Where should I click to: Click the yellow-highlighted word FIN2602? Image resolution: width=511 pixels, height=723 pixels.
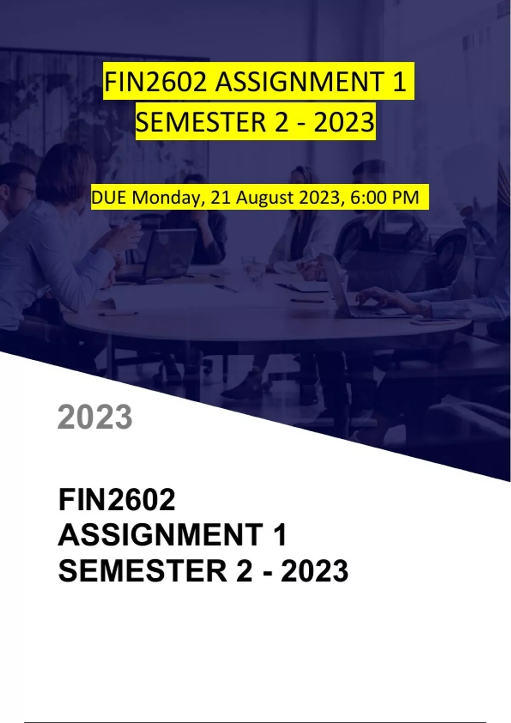click(x=155, y=82)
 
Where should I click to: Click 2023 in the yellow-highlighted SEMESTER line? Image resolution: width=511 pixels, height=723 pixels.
click(x=344, y=122)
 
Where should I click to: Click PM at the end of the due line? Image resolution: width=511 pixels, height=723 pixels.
click(x=405, y=197)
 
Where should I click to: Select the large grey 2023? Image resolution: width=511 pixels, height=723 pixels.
click(x=95, y=417)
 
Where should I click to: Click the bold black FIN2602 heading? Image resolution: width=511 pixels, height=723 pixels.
click(x=117, y=500)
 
